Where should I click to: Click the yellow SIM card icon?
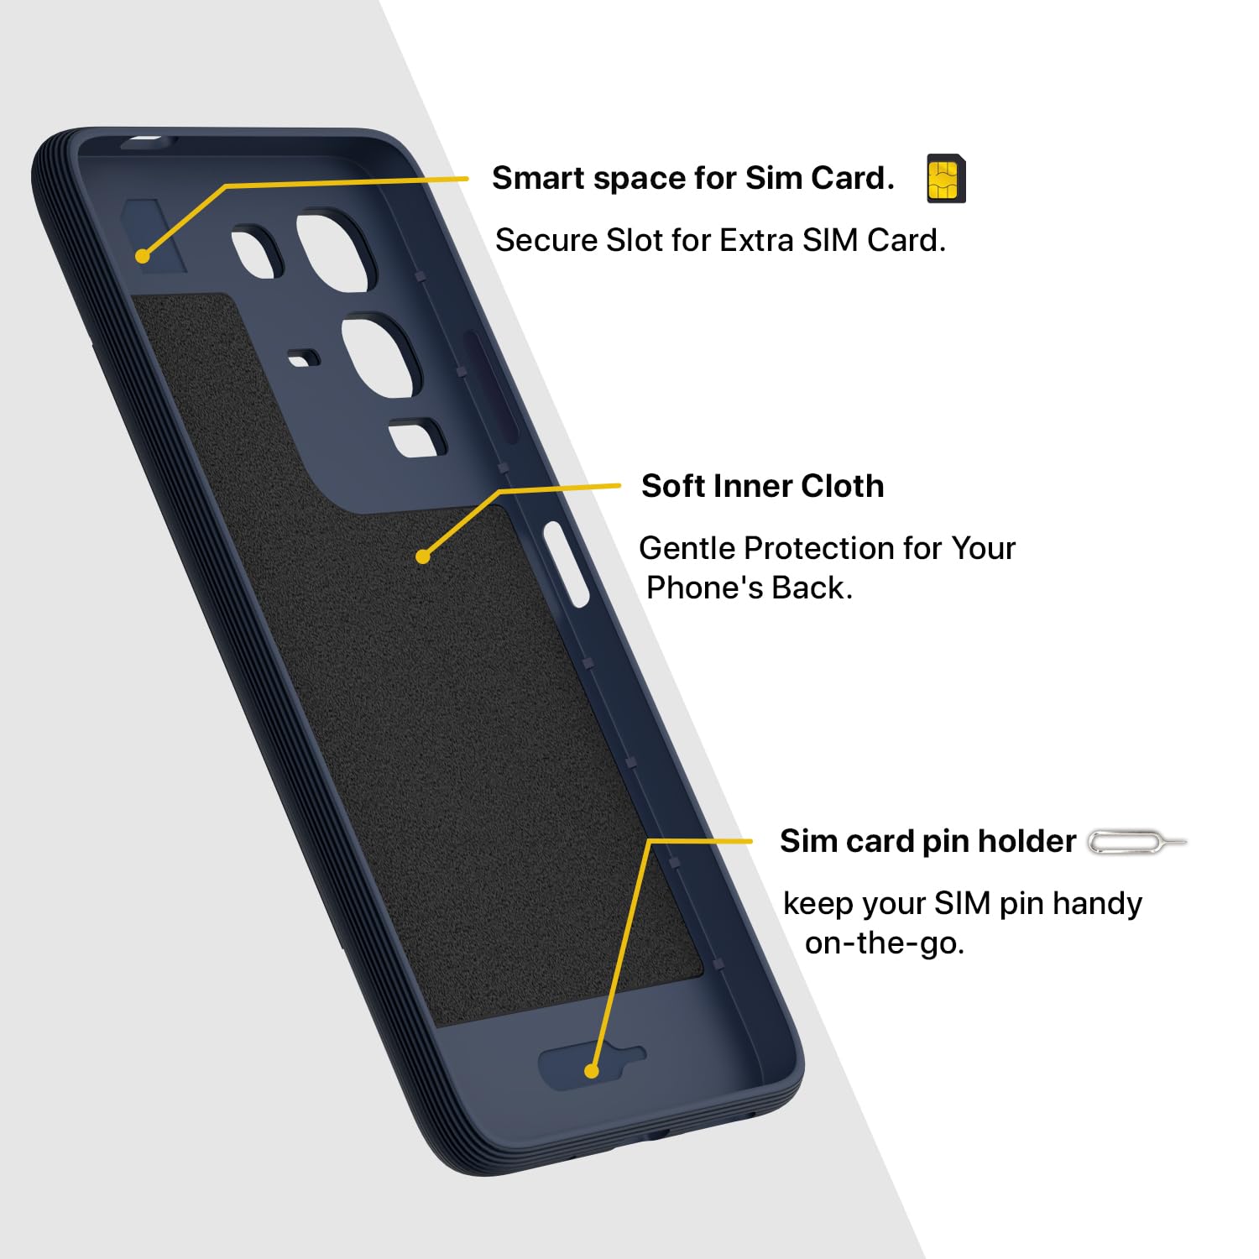[x=946, y=179]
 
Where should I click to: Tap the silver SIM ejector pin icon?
[x=1137, y=842]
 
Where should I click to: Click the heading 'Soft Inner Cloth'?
[x=762, y=486]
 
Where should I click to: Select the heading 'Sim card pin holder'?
[x=927, y=841]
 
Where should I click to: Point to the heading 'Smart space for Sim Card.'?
[x=693, y=178]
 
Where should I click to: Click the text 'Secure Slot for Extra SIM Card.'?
[x=720, y=240]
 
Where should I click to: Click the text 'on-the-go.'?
[x=885, y=943]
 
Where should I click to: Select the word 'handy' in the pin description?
[x=1097, y=904]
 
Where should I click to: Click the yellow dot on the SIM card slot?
[x=143, y=255]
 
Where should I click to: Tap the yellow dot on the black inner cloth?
[x=423, y=556]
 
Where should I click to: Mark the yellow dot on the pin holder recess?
[x=592, y=1071]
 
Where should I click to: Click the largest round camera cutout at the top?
[x=334, y=253]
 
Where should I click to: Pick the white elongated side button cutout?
[x=567, y=564]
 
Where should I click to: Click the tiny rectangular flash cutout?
[x=304, y=359]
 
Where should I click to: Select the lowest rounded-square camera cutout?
[x=417, y=438]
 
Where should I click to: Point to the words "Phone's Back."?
[x=750, y=588]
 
